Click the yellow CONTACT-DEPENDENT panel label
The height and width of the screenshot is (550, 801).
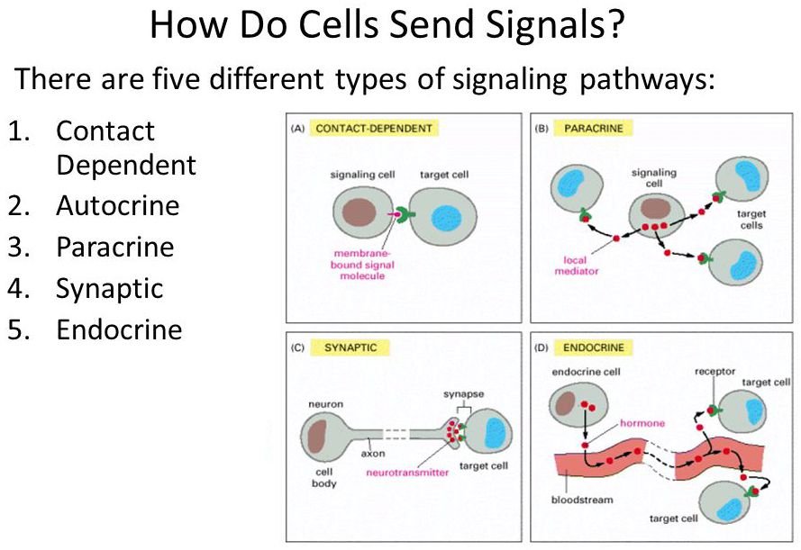coord(374,128)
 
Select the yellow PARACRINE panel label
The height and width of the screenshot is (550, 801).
coord(594,128)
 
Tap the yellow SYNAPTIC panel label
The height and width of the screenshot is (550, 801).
coord(350,347)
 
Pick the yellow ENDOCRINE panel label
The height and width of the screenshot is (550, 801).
coord(594,347)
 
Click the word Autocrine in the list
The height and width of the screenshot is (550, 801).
coord(117,205)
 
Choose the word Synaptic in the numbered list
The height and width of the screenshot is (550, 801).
coord(109,289)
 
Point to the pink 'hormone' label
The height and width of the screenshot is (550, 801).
coord(642,423)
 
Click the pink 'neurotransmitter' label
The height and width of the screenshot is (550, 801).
coord(407,473)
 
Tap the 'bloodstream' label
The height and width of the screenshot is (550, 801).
coord(582,500)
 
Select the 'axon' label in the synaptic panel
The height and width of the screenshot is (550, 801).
coord(373,454)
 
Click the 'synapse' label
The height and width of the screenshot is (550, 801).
coord(463,394)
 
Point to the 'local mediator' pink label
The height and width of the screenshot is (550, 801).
coord(577,266)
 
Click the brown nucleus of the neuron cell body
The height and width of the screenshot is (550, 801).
coord(317,437)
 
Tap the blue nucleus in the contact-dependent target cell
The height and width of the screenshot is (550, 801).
coord(447,219)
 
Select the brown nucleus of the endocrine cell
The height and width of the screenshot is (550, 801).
coord(565,403)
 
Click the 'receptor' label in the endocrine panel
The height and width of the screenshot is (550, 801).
coord(715,372)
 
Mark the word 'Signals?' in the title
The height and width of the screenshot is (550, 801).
coord(555,25)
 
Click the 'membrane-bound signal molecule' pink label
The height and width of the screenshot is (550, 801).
coord(362,265)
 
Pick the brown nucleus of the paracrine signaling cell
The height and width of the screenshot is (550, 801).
coord(655,208)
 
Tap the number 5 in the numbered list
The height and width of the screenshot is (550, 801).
coord(18,329)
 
